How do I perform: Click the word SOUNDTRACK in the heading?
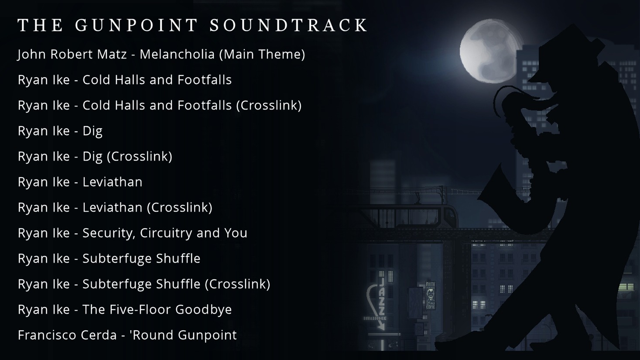(x=288, y=25)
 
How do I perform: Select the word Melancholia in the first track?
(x=177, y=54)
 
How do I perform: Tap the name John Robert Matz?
(x=72, y=54)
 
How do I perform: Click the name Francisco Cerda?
(x=68, y=335)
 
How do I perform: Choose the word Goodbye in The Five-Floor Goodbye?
(x=203, y=310)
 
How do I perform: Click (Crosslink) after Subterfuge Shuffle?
(x=237, y=284)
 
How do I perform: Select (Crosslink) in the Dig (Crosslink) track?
(x=140, y=156)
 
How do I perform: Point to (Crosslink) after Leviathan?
(x=180, y=207)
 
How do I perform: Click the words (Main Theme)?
(x=262, y=54)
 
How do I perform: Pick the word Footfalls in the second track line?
(x=204, y=80)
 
